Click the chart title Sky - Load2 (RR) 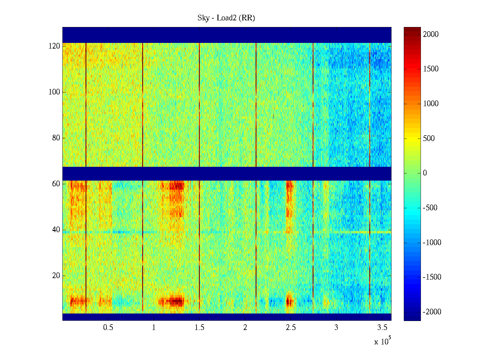click(x=226, y=18)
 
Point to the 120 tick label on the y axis click(x=54, y=46)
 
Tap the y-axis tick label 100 click(x=54, y=92)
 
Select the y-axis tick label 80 click(x=56, y=138)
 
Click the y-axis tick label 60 click(x=56, y=184)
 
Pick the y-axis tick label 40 click(x=56, y=230)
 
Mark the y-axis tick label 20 click(x=56, y=276)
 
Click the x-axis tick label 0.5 click(x=108, y=328)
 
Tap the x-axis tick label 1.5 click(x=199, y=328)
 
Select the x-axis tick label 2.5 click(x=291, y=328)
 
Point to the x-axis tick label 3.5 click(x=382, y=328)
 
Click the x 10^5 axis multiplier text click(x=382, y=341)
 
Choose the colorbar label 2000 click(x=431, y=34)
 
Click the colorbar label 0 click(x=425, y=173)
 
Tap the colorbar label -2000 click(x=432, y=312)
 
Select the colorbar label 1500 click(x=431, y=69)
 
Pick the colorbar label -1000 click(x=432, y=243)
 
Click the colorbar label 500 click(x=429, y=138)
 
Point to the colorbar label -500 click(x=430, y=208)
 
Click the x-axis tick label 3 click(x=336, y=328)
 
